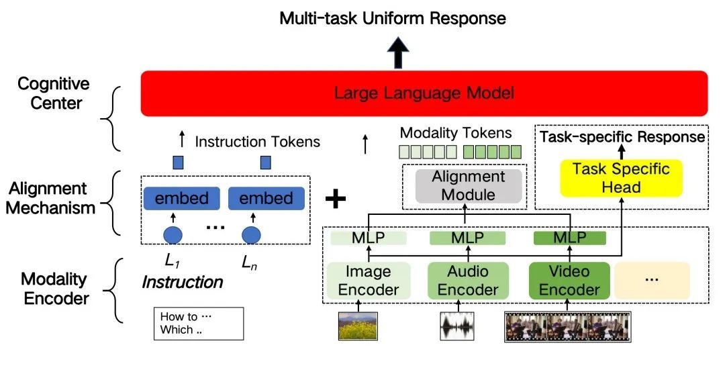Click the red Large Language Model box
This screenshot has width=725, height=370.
tap(424, 93)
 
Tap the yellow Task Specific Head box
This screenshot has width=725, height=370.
tap(621, 177)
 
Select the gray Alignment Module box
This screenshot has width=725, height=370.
tap(468, 185)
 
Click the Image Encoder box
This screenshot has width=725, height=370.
tap(368, 281)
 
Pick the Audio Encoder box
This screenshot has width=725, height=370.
tap(468, 281)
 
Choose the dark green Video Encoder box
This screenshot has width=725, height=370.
tap(569, 281)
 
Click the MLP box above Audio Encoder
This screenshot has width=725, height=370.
tap(467, 238)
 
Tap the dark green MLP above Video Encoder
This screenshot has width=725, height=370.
tap(569, 238)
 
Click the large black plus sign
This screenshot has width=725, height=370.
tap(336, 199)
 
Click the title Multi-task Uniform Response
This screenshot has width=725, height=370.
tap(393, 17)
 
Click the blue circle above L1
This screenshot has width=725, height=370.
tap(173, 235)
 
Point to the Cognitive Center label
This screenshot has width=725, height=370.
tap(53, 94)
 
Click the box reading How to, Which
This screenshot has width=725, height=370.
tap(198, 323)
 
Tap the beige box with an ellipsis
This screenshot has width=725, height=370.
tap(651, 280)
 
